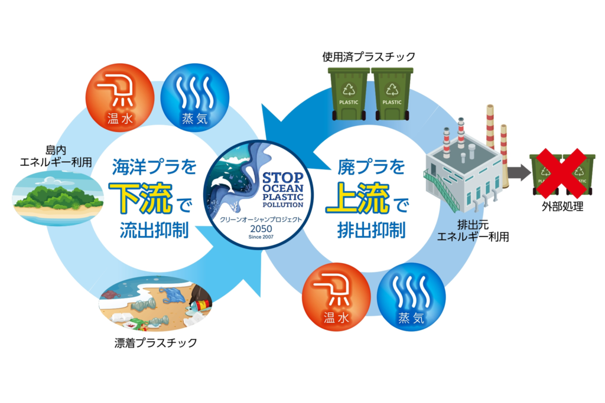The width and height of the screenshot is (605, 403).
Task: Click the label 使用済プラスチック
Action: coord(368,57)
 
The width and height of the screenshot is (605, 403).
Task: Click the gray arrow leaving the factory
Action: coord(518,173)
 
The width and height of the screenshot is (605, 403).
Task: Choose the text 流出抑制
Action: coord(154,230)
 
